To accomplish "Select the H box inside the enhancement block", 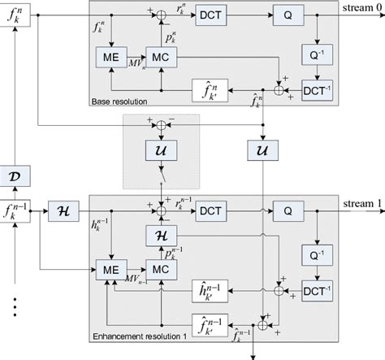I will pyautogui.click(x=162, y=235).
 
